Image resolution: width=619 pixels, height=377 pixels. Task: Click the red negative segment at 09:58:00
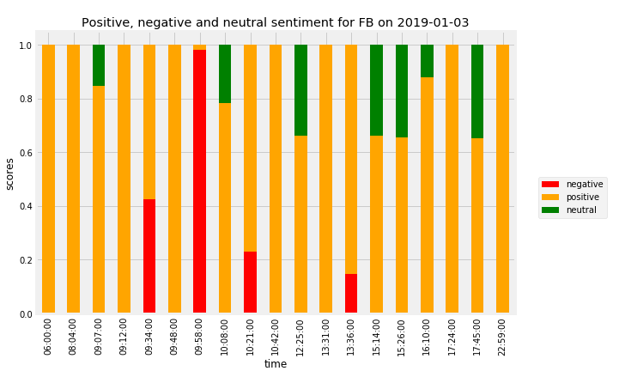click(199, 180)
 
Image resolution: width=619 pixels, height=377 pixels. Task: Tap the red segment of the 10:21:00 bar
click(250, 283)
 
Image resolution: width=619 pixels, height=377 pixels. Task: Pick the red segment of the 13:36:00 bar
click(351, 294)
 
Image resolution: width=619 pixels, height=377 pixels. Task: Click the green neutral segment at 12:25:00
click(300, 90)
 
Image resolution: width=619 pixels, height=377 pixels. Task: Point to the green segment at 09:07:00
click(99, 65)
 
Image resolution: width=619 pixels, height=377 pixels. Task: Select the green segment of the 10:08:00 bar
click(225, 74)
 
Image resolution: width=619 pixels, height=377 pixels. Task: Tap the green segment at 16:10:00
click(427, 61)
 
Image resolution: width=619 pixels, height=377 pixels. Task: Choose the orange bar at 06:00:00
click(48, 179)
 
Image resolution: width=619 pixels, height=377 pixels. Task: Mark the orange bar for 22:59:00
click(502, 179)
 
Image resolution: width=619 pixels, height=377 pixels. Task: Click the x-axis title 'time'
click(276, 364)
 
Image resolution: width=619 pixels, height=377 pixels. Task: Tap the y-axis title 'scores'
click(10, 173)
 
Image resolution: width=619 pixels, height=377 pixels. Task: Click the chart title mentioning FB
click(275, 22)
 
